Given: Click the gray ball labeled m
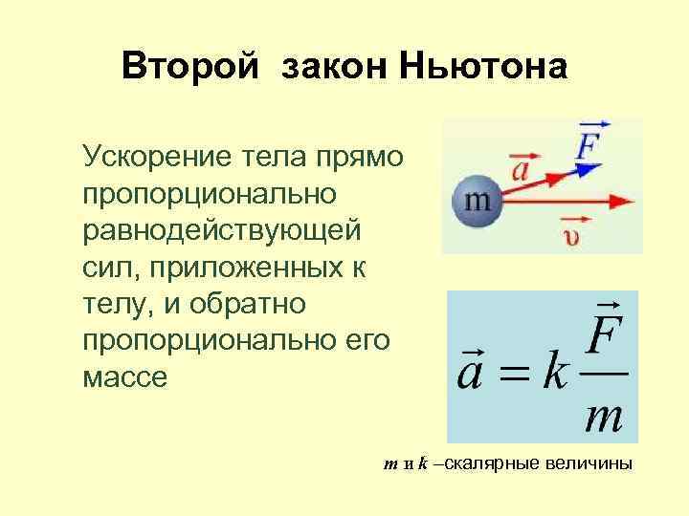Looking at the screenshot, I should click(477, 201).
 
